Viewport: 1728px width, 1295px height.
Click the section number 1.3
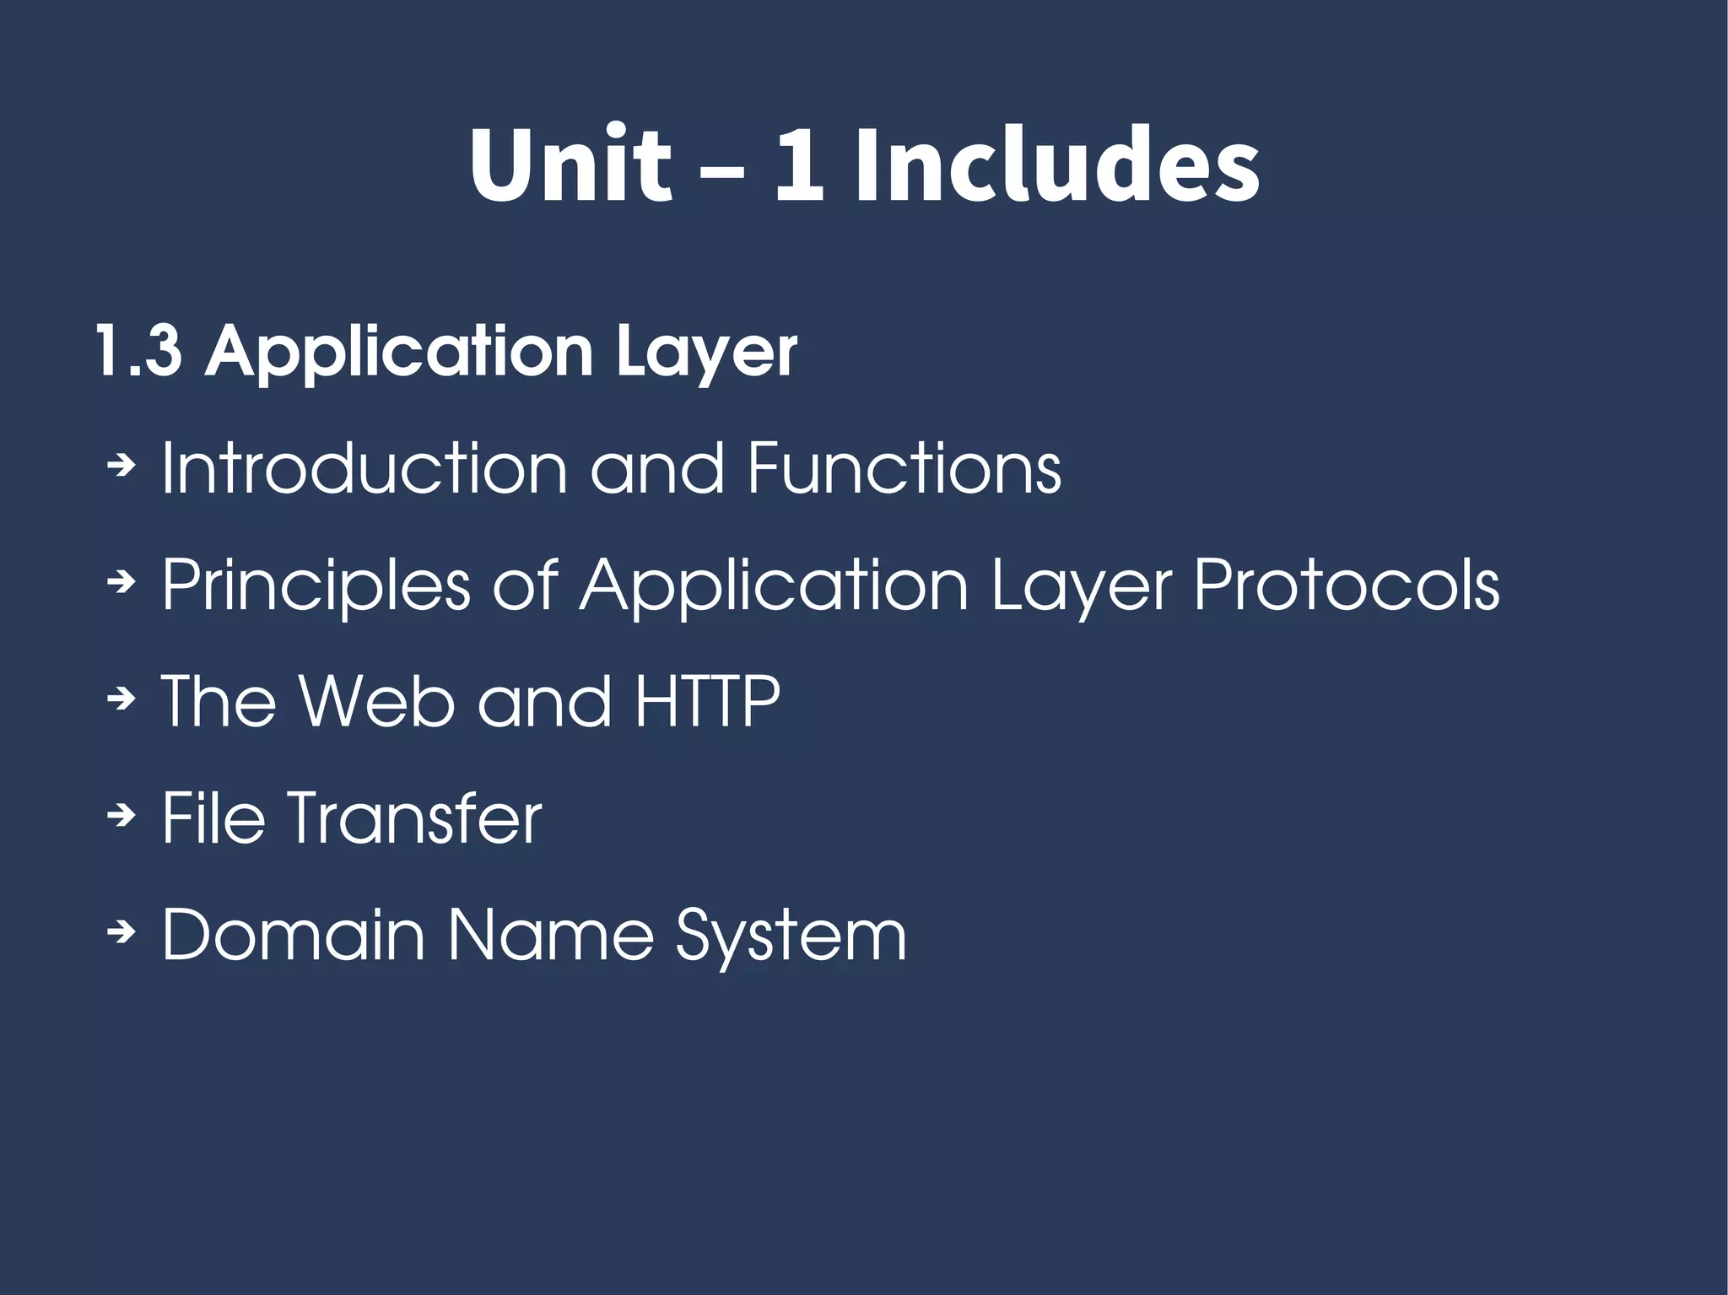pyautogui.click(x=138, y=350)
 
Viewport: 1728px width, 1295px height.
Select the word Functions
pyautogui.click(x=904, y=467)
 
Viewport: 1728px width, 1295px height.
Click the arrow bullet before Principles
pyautogui.click(x=122, y=581)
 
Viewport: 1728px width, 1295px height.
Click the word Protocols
pyautogui.click(x=1347, y=584)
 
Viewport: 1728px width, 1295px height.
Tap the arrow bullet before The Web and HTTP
pyautogui.click(x=122, y=698)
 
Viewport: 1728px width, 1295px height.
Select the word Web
pyautogui.click(x=376, y=700)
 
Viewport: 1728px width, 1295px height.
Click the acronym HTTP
pyautogui.click(x=707, y=700)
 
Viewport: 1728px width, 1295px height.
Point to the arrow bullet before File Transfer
pyautogui.click(x=122, y=814)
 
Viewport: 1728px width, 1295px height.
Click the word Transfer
pyautogui.click(x=414, y=817)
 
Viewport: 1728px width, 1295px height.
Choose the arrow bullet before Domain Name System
pyautogui.click(x=122, y=931)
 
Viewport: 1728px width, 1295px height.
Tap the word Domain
pyautogui.click(x=293, y=934)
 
